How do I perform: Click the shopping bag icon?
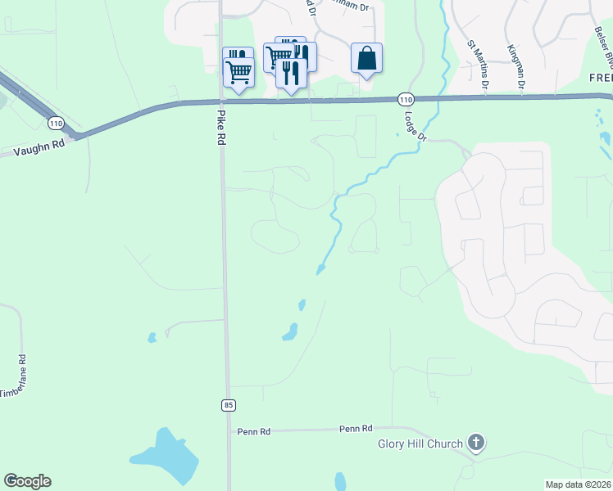[x=366, y=58]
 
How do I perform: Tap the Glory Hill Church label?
[x=420, y=444]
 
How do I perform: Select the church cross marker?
[x=475, y=444]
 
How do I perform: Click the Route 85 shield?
[x=227, y=405]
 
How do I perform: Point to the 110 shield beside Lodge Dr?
[x=406, y=99]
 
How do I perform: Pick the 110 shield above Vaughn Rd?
[x=55, y=124]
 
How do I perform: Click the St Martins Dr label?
[x=477, y=64]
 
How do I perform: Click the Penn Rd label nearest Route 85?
[x=252, y=430]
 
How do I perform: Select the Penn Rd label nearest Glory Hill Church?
[x=356, y=428]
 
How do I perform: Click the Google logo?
[x=27, y=481]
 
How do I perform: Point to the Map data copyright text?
[x=579, y=484]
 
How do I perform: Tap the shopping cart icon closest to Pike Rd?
[x=238, y=72]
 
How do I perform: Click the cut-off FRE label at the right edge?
[x=601, y=77]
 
